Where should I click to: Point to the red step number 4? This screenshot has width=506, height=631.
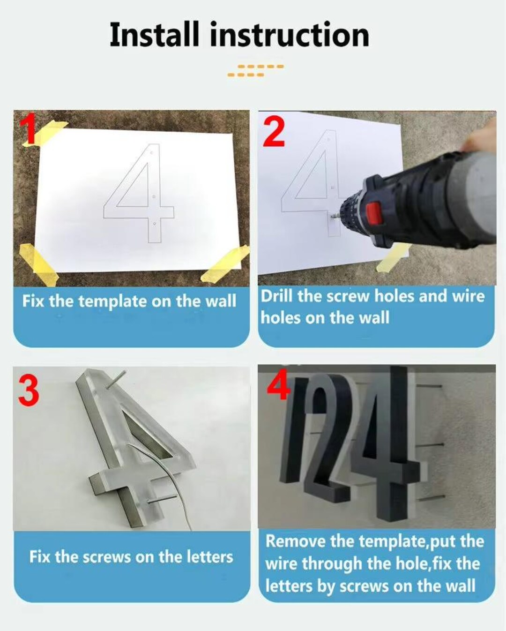click(278, 385)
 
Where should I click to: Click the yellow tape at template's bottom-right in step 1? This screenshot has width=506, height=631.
click(225, 264)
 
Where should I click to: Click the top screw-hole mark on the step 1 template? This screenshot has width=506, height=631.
click(151, 153)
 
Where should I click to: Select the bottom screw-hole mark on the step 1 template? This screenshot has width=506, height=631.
click(155, 224)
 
